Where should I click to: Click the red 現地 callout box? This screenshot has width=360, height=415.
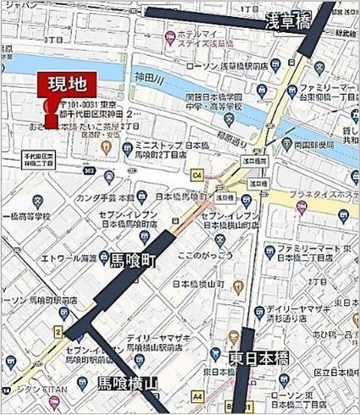[x=65, y=86]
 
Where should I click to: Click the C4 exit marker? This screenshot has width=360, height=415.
[x=198, y=174]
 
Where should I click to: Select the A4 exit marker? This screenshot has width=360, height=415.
[x=197, y=395]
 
